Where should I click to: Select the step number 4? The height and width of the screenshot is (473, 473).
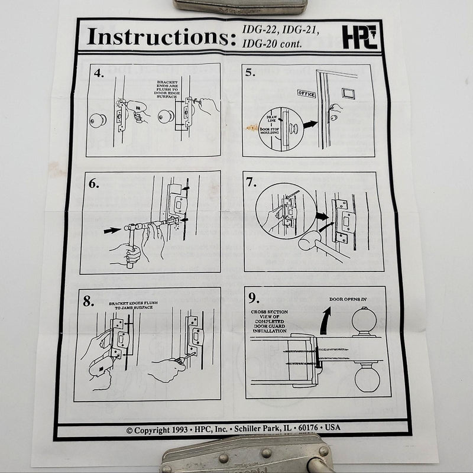[x=99, y=74]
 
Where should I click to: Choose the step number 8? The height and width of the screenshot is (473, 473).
[x=89, y=301]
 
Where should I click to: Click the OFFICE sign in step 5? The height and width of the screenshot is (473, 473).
[x=306, y=94]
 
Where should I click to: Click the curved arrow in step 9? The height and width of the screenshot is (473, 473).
[x=324, y=322]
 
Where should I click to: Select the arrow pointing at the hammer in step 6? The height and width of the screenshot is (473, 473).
[x=112, y=231]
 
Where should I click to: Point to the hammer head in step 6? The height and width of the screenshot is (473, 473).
[x=129, y=226]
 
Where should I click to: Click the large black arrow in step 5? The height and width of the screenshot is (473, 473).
[x=310, y=125]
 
